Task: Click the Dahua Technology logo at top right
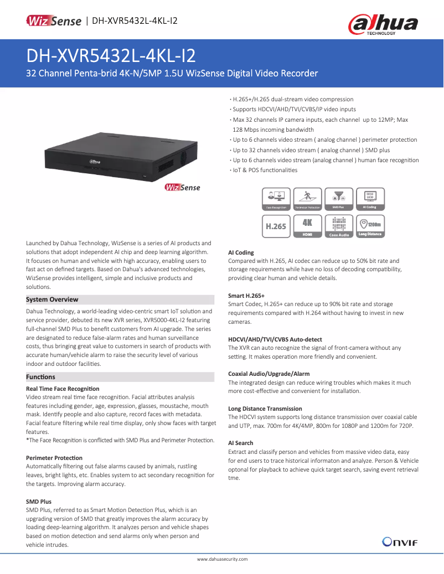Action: pyautogui.click(x=383, y=25)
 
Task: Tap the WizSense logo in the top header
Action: pyautogui.click(x=54, y=21)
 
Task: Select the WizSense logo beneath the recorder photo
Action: pyautogui.click(x=182, y=188)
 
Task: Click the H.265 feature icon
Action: pyautogui.click(x=276, y=226)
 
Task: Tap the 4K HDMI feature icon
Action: pyautogui.click(x=307, y=226)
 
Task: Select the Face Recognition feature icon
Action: pyautogui.click(x=276, y=199)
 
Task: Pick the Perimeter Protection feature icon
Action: pyautogui.click(x=307, y=199)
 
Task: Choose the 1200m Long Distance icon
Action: pyautogui.click(x=370, y=226)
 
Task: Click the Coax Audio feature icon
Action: pyautogui.click(x=339, y=226)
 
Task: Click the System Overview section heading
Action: pyautogui.click(x=52, y=299)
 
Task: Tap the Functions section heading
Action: pyautogui.click(x=40, y=377)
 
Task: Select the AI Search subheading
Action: pyautogui.click(x=241, y=443)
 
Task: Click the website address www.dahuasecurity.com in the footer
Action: pyautogui.click(x=223, y=559)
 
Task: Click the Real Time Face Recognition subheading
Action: pyautogui.click(x=63, y=389)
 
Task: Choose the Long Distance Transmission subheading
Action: pyautogui.click(x=265, y=408)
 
